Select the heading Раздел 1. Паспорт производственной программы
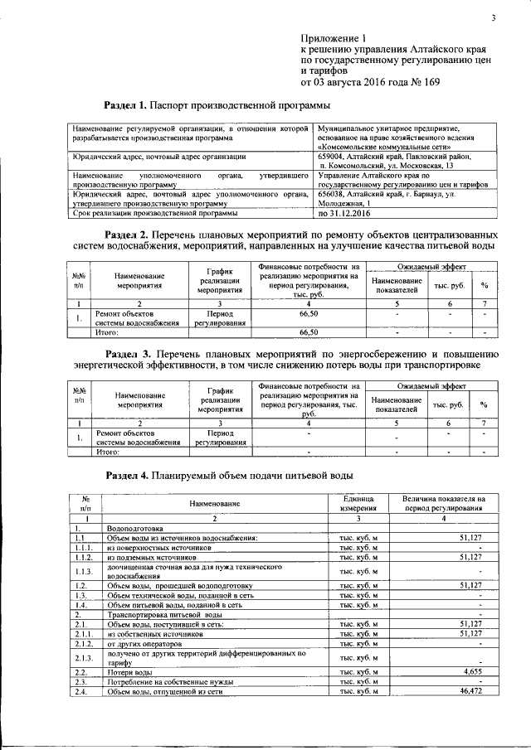217,106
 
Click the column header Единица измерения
358,503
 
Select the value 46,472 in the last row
467,690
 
